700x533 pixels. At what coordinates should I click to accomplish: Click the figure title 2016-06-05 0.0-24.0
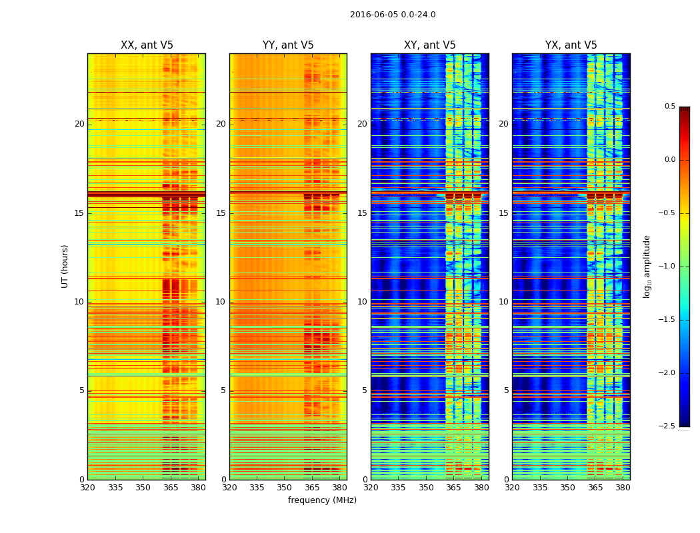point(393,15)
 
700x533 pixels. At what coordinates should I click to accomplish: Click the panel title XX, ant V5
point(147,45)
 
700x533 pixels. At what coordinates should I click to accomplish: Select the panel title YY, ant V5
point(288,45)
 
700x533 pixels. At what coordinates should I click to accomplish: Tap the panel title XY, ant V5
point(430,45)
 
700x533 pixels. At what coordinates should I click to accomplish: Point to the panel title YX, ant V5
point(571,45)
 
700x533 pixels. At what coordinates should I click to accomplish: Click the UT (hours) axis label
point(65,266)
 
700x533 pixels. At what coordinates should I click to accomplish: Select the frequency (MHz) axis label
point(322,500)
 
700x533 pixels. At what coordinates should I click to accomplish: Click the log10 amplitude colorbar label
point(647,266)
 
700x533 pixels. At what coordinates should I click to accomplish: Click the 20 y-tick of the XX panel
point(79,124)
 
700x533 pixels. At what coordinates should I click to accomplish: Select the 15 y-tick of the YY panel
point(221,213)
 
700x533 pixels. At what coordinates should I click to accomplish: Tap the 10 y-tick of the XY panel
point(362,302)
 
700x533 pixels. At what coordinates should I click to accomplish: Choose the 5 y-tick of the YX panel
point(506,390)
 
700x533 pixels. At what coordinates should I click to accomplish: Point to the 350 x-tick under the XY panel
point(426,487)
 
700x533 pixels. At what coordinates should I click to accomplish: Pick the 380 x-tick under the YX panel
point(623,487)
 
